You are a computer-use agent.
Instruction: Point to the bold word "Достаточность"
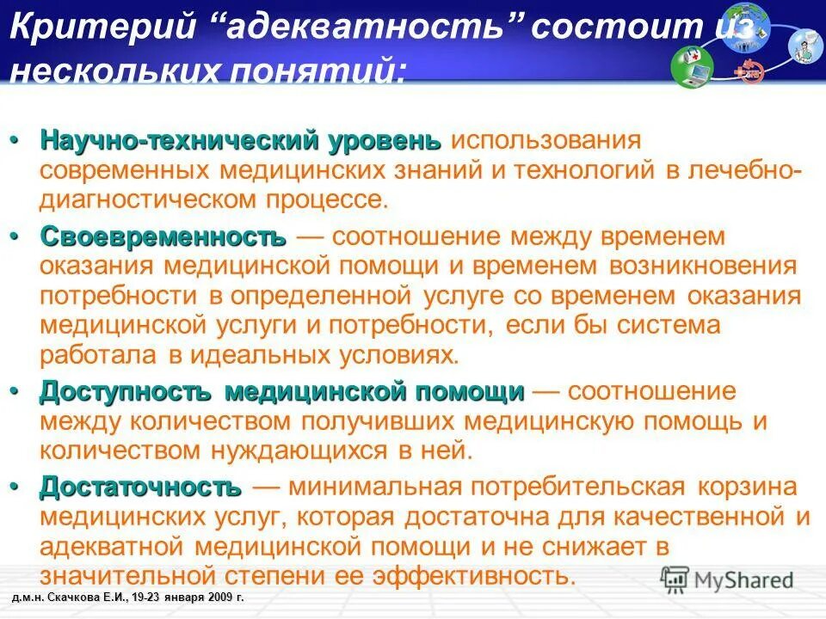point(139,487)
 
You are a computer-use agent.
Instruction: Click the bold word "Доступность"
point(126,392)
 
